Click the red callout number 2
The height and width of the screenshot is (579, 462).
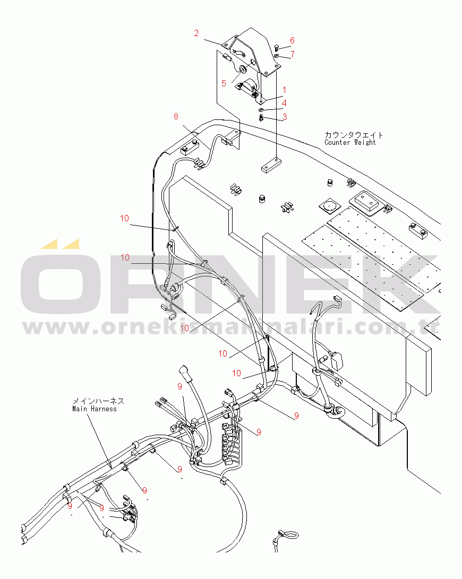(196, 33)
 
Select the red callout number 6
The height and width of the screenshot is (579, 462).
(293, 41)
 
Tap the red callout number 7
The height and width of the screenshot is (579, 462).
(293, 55)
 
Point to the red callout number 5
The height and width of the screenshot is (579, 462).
(224, 83)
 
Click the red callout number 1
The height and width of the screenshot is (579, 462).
(284, 90)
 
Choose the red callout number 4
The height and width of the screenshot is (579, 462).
(284, 103)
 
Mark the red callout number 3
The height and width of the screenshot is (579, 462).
(284, 117)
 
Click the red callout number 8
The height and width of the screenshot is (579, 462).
(176, 117)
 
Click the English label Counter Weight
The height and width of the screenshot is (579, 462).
(350, 143)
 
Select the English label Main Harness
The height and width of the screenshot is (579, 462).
(94, 409)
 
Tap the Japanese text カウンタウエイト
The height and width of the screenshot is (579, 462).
(354, 135)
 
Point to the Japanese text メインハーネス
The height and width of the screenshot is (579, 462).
(98, 401)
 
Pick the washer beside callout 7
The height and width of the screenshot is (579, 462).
(277, 56)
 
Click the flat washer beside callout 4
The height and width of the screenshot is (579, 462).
(261, 110)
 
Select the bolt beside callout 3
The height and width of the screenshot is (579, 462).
(261, 118)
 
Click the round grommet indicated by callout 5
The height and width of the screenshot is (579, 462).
(243, 70)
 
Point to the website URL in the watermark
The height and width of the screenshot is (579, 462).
(231, 327)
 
